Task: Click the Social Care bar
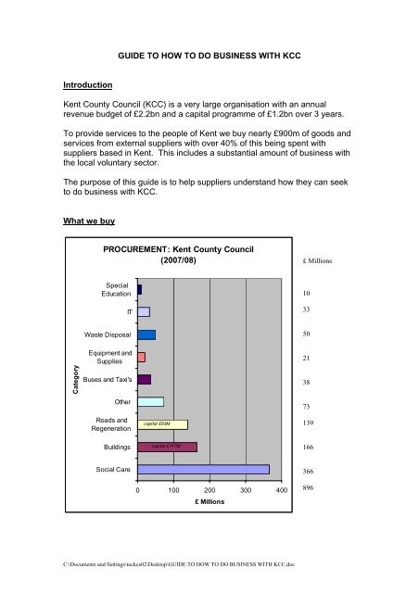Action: [x=203, y=470]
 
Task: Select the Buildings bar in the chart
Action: [x=167, y=447]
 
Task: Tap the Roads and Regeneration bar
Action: [x=162, y=424]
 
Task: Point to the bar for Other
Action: [x=150, y=401]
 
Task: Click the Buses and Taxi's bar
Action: [x=144, y=379]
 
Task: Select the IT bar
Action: [x=143, y=311]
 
